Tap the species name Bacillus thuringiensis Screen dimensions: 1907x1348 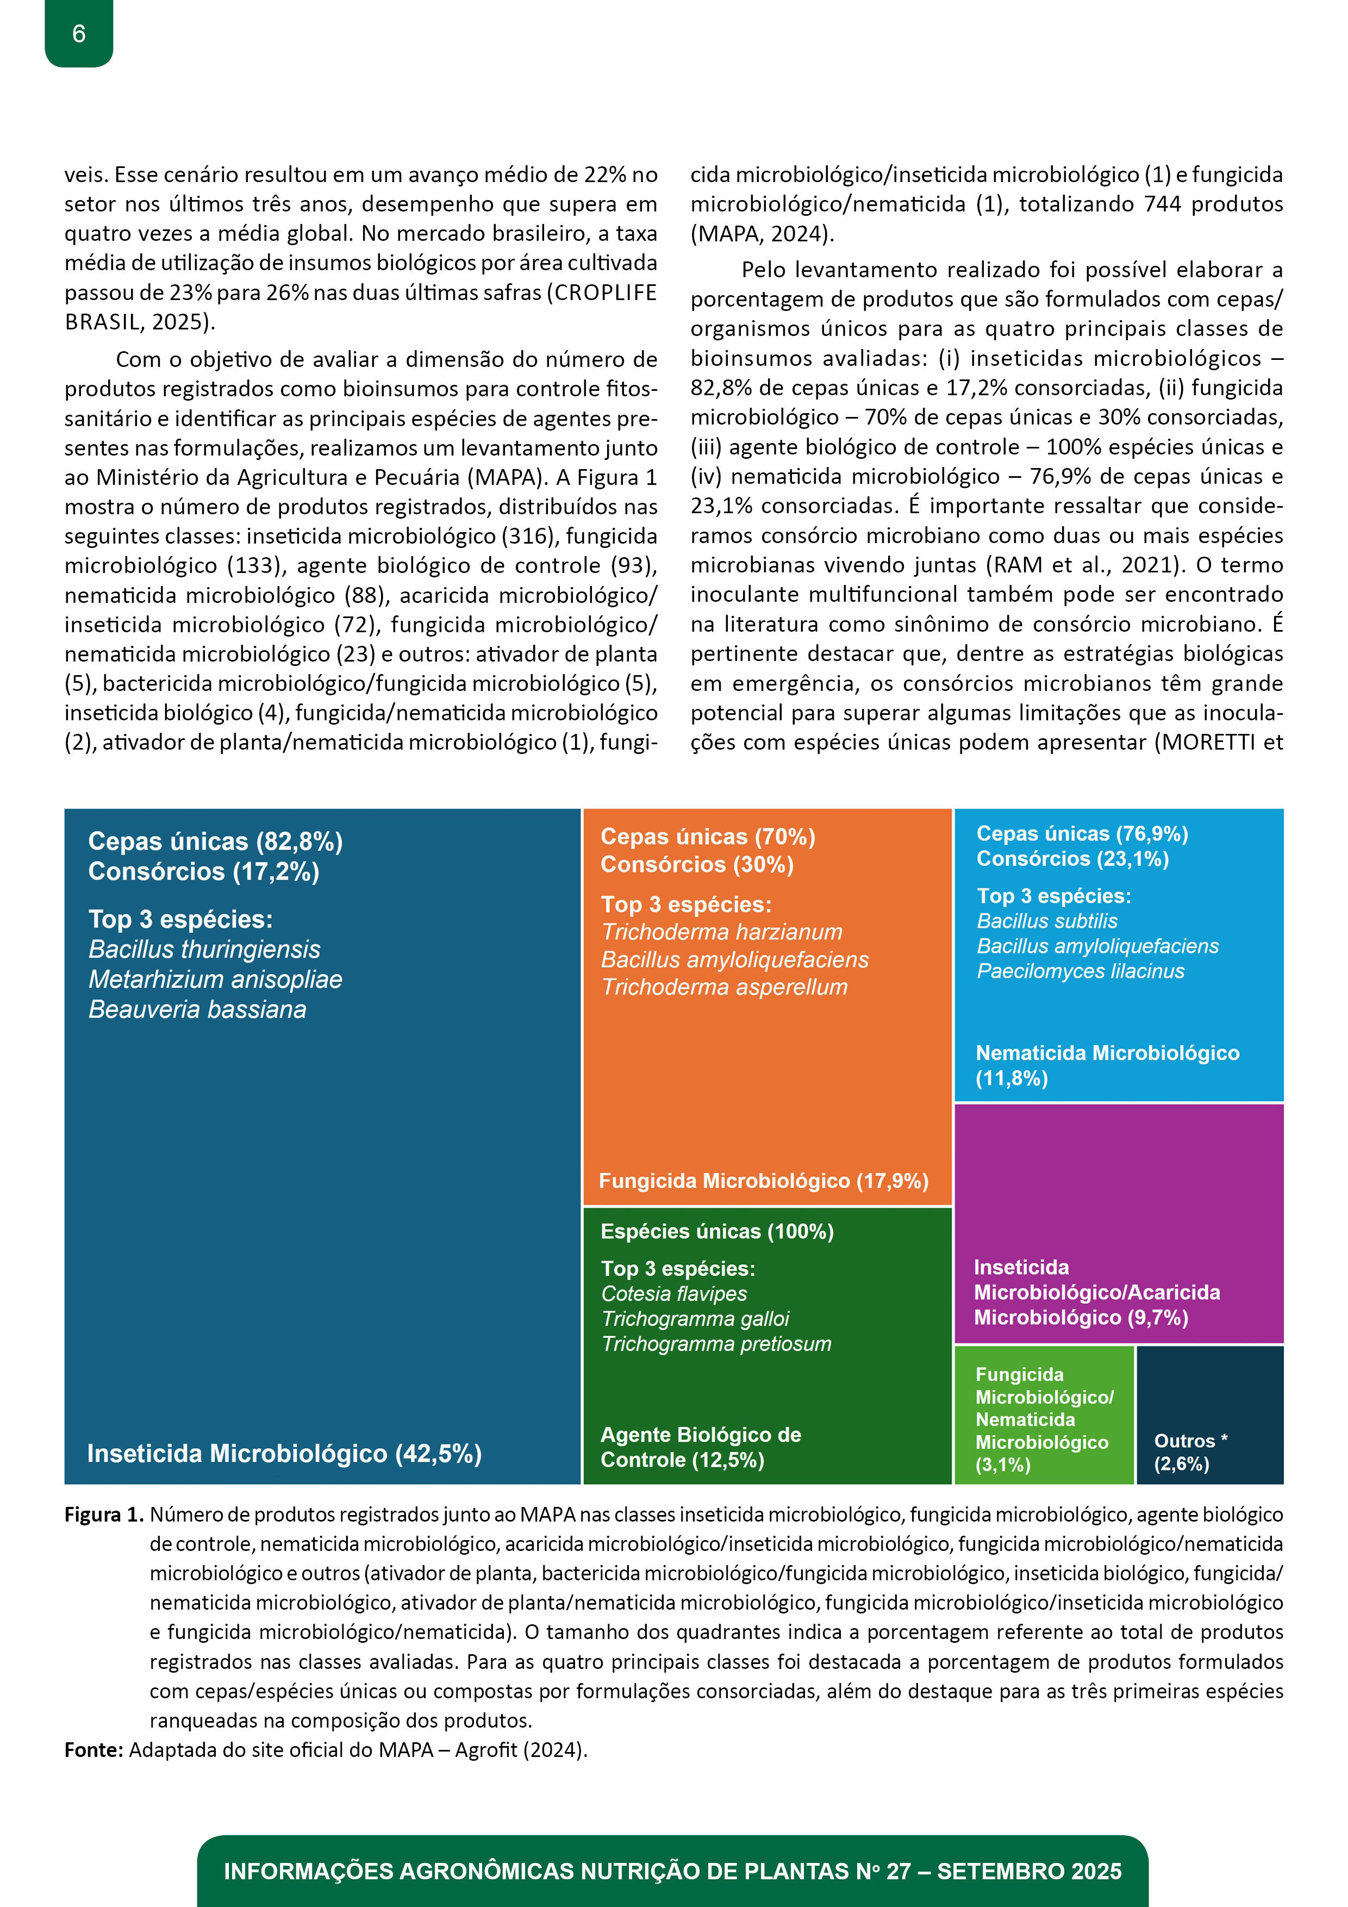click(x=204, y=949)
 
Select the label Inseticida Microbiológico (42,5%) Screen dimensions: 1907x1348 click(x=284, y=1454)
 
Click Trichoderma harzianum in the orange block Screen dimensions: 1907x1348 click(x=722, y=932)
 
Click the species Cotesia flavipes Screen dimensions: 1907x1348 click(x=673, y=1293)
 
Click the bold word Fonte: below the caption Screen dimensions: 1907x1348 click(x=94, y=1750)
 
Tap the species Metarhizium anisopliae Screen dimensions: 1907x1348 click(x=215, y=979)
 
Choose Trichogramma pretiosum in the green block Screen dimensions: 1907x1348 click(x=716, y=1343)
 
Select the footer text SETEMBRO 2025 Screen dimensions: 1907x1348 click(x=1028, y=1871)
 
